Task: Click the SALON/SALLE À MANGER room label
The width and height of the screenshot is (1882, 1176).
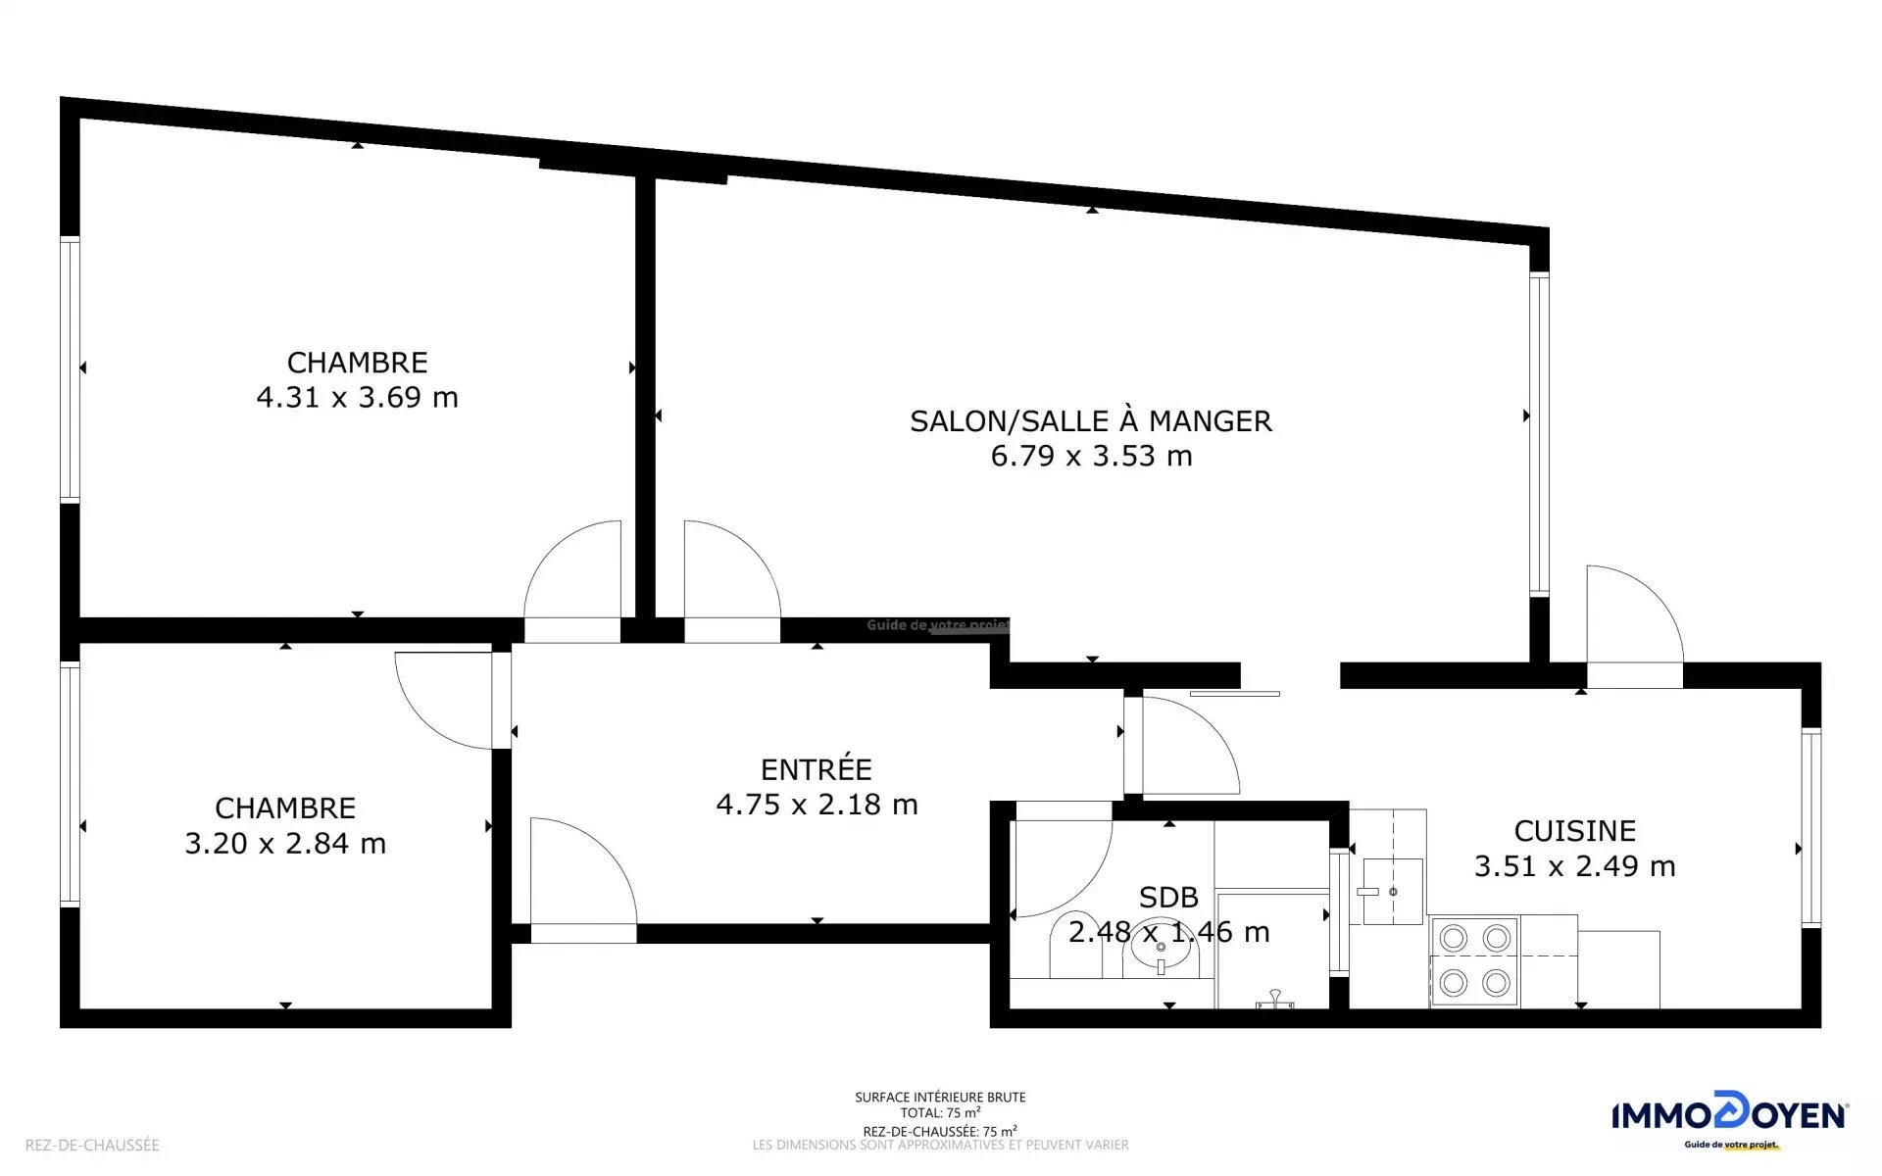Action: click(x=1091, y=421)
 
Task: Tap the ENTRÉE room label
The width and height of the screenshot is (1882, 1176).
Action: click(x=817, y=769)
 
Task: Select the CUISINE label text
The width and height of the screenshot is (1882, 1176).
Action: click(x=1575, y=831)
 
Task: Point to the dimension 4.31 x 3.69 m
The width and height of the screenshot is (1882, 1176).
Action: click(x=357, y=397)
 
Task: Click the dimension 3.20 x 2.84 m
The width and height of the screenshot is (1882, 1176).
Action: click(x=285, y=843)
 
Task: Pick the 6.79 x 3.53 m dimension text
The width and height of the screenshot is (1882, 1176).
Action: click(x=1091, y=456)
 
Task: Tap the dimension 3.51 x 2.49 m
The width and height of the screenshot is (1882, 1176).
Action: click(x=1575, y=866)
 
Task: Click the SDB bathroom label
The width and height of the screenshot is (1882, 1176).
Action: click(x=1168, y=897)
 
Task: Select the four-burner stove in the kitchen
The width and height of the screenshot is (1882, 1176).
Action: click(x=1474, y=960)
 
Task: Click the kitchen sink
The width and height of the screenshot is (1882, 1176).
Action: click(x=1392, y=891)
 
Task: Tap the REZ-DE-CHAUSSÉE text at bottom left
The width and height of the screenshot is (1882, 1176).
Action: click(x=92, y=1145)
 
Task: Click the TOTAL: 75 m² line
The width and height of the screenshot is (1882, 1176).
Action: click(x=940, y=1113)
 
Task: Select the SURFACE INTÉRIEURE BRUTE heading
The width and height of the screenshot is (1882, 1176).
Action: click(x=940, y=1098)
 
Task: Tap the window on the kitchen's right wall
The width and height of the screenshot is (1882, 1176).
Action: click(x=1810, y=828)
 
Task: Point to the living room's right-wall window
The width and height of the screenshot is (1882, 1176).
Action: click(x=1539, y=434)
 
